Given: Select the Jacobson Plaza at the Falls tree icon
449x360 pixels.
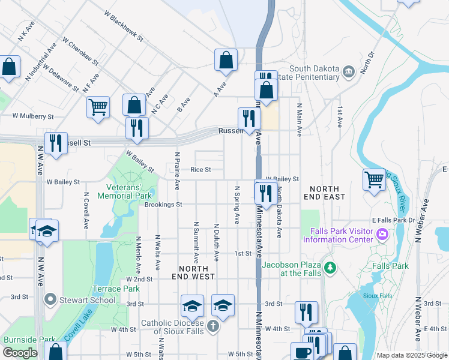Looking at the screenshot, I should coord(329,266).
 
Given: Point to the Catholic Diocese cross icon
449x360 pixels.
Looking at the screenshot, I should coord(212,327).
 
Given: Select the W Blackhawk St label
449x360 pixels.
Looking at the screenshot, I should coord(124,28).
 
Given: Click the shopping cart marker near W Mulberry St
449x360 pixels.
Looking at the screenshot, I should coord(98,107).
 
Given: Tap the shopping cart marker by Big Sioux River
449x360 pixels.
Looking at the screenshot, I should coord(374,179).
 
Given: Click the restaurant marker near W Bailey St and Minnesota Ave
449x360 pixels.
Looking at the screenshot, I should coord(264,193).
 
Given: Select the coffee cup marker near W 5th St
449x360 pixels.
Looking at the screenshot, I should coord(302,352).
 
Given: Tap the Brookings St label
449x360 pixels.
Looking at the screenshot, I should coord(163,205).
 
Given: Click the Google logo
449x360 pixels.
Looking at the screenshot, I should coord(20,353).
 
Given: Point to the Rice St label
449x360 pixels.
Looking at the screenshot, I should coord(200,170).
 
